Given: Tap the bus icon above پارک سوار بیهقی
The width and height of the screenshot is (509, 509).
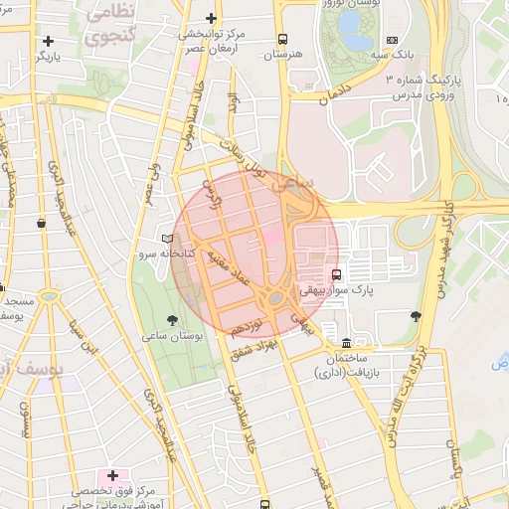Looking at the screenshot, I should [336, 274].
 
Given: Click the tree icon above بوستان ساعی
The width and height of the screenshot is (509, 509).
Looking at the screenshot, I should [173, 320].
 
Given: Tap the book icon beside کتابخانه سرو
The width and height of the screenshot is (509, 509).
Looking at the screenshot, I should [167, 240].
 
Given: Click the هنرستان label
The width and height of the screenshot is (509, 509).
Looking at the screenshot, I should [282, 55].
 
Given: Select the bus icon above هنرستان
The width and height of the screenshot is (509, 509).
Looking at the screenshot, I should [283, 39].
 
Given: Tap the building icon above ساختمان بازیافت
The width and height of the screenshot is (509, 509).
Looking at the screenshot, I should [346, 340].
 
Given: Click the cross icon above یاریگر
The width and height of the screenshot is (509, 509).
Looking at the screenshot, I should [48, 41].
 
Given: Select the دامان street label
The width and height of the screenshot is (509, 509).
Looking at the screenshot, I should [337, 95].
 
